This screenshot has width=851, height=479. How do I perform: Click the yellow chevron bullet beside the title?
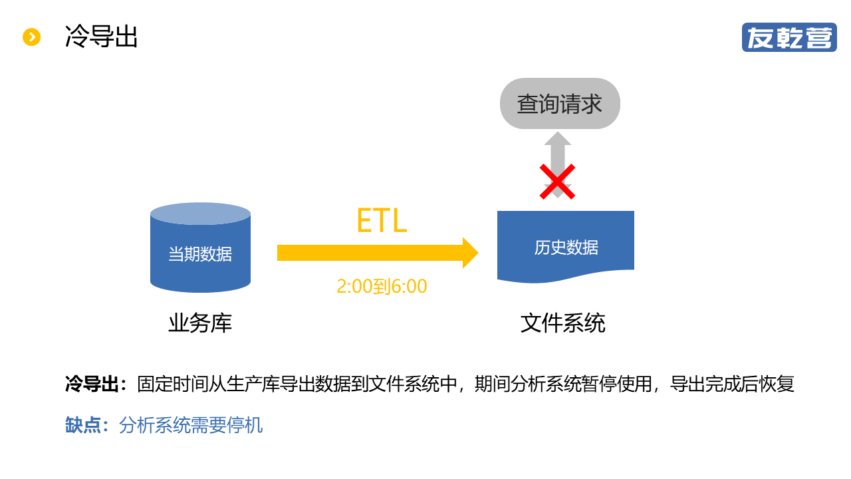tap(32, 37)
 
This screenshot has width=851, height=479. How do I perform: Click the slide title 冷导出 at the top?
tap(101, 37)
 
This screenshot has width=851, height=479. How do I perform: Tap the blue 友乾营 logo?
tap(789, 37)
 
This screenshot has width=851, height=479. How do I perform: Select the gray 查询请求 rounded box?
tap(560, 104)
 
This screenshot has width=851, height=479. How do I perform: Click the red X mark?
tap(557, 182)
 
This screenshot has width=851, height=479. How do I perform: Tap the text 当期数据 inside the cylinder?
tap(200, 254)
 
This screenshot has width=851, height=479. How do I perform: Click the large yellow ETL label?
tap(382, 221)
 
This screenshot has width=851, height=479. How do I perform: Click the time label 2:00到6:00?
tap(382, 287)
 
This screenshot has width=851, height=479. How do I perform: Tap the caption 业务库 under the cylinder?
tap(200, 324)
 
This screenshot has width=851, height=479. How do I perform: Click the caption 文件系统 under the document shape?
tap(563, 324)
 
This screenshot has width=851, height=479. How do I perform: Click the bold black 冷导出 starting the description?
tap(92, 385)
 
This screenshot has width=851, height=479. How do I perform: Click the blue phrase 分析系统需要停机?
tap(191, 425)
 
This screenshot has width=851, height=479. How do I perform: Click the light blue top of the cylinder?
tap(200, 214)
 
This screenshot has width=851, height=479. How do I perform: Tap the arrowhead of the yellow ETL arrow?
tap(470, 253)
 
